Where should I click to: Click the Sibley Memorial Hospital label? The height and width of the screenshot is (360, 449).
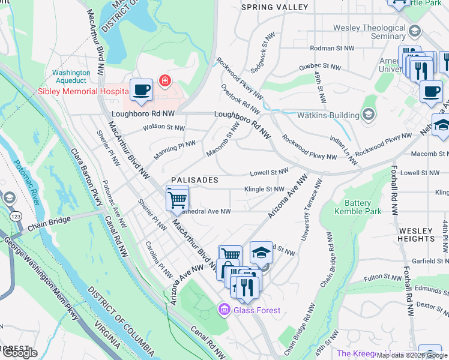click(83, 92)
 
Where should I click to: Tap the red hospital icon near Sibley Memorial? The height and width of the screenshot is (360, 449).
click(163, 80)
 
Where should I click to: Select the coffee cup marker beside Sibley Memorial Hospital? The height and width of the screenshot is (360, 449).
click(141, 91)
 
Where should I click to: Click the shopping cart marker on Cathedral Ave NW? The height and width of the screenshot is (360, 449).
click(177, 198)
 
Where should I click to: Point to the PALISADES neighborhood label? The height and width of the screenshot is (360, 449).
click(194, 180)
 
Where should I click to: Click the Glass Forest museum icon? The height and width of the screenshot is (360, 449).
click(224, 310)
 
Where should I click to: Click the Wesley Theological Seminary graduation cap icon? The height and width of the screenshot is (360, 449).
click(414, 31)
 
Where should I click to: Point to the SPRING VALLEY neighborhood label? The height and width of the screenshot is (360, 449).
click(274, 7)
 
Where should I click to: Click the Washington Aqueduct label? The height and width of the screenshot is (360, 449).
click(71, 76)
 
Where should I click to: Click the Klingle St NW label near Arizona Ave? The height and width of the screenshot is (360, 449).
click(264, 189)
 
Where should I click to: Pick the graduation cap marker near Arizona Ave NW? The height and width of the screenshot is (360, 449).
click(261, 252)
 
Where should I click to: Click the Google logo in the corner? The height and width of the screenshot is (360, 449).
click(19, 353)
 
